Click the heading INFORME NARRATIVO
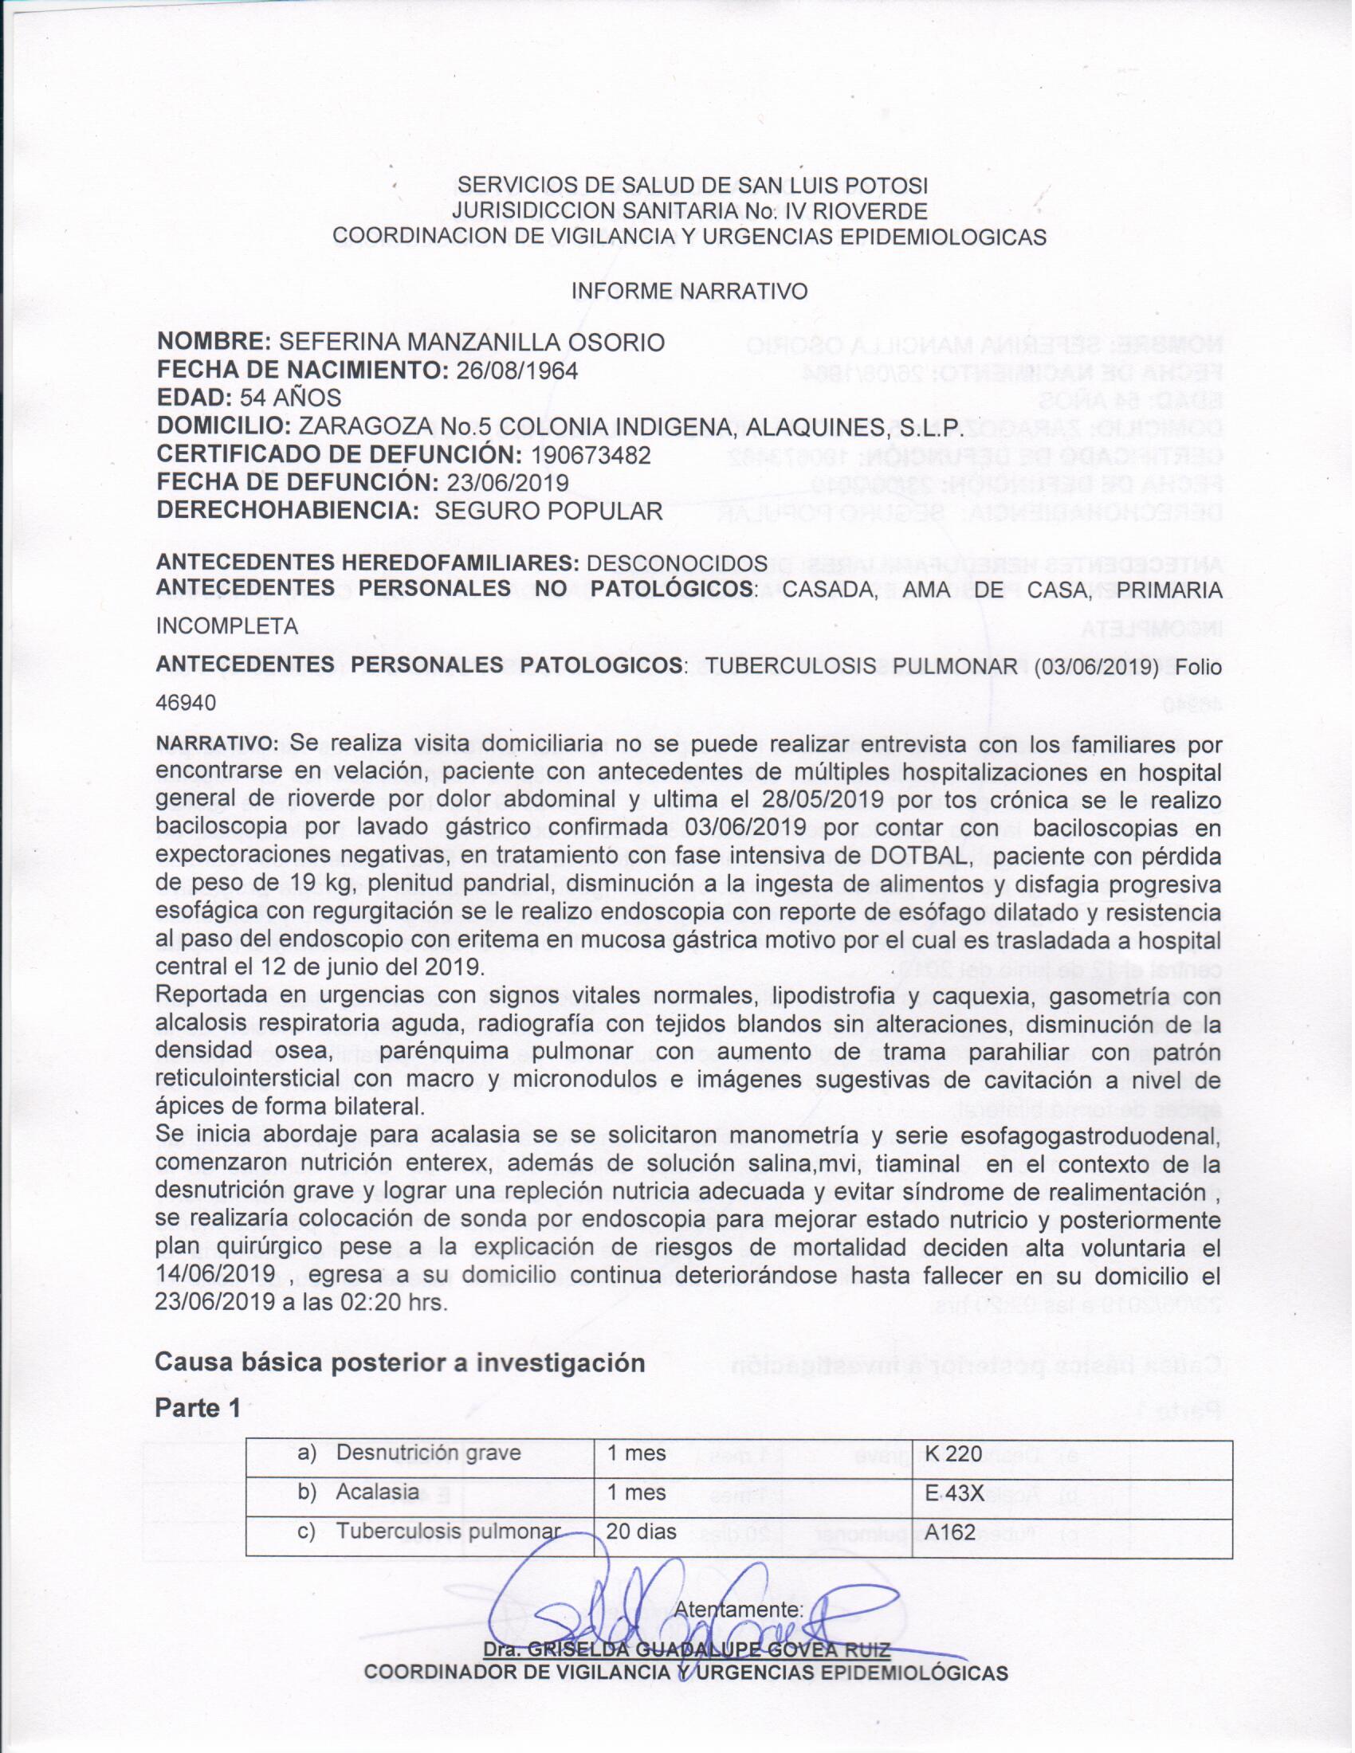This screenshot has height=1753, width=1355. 689,292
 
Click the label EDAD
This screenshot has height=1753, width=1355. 193,398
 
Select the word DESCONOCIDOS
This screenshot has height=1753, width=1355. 677,563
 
